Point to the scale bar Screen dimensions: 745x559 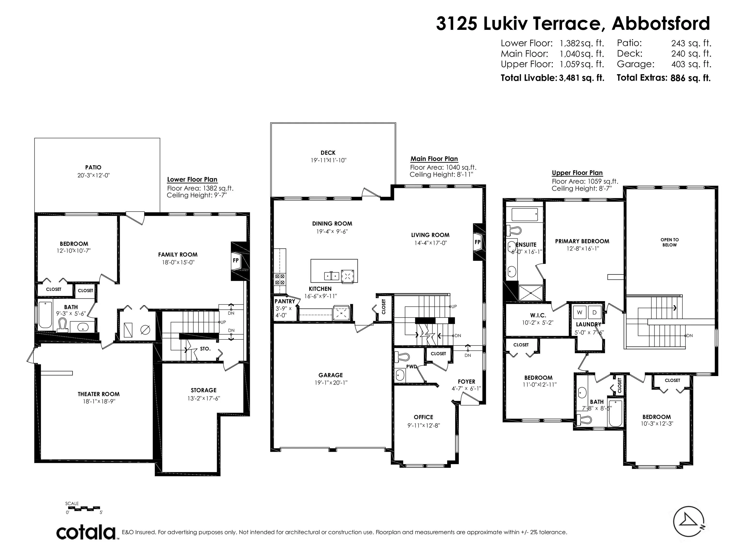point(83,508)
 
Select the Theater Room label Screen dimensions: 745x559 point(99,394)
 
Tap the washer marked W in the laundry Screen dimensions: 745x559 point(580,312)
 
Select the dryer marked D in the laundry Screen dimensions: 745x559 point(594,312)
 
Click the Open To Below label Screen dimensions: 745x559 point(670,242)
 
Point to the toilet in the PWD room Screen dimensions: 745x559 point(402,356)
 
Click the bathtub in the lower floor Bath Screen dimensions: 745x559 point(45,315)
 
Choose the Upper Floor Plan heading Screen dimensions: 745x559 point(577,173)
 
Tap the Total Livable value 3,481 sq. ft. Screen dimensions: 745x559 point(582,78)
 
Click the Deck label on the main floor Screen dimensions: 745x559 point(328,153)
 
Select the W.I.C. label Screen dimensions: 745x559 point(538,315)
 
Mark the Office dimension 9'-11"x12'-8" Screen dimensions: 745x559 point(424,426)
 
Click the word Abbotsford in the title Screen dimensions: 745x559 point(661,23)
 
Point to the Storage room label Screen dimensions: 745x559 point(203,390)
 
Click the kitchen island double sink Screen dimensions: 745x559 point(332,276)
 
